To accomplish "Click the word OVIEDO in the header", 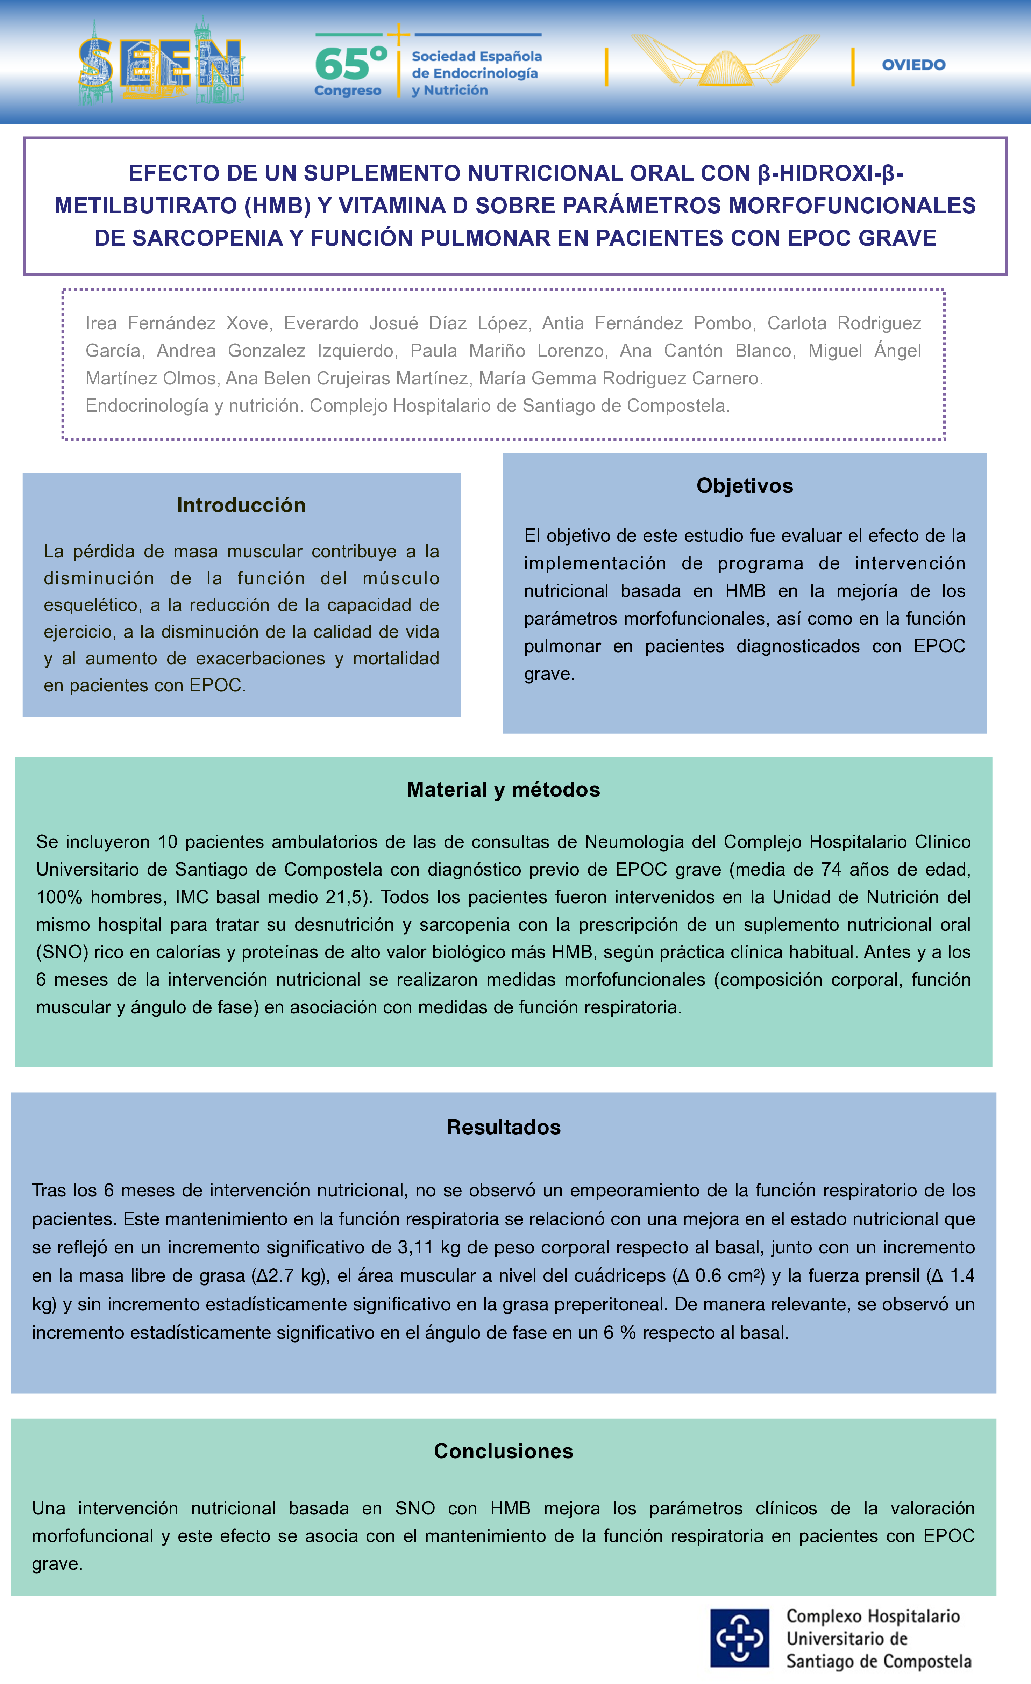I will pyautogui.click(x=913, y=65).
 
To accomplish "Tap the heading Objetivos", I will pyautogui.click(x=745, y=486).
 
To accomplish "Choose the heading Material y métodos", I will pyautogui.click(x=503, y=789).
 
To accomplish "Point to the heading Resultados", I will pyautogui.click(x=503, y=1127).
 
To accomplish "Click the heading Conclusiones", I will pyautogui.click(x=503, y=1451).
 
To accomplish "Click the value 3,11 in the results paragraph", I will pyautogui.click(x=416, y=1247).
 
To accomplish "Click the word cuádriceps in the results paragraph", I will pyautogui.click(x=620, y=1276).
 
